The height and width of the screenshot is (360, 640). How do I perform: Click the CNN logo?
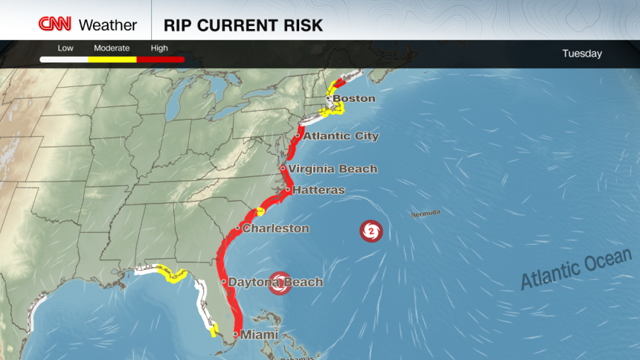pos(55,25)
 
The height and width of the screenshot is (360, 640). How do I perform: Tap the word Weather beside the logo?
pos(108,25)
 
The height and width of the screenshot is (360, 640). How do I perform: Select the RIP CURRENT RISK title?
pos(243,25)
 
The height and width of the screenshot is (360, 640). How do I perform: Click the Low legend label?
pos(65,48)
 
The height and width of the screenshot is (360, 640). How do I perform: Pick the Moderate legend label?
pos(112,48)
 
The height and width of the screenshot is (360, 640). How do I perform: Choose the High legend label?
pos(159,48)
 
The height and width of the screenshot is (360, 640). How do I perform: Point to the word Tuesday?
pos(582,54)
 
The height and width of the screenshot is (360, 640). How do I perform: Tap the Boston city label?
pos(353,98)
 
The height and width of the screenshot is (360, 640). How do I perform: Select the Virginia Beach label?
pos(333,169)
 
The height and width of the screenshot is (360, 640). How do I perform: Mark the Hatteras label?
pos(319,190)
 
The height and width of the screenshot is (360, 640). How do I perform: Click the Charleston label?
pos(275,228)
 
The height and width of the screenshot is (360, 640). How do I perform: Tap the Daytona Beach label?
pos(275,282)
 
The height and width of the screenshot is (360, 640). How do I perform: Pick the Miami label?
pos(259,335)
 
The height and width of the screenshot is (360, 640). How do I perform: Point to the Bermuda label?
pos(426,213)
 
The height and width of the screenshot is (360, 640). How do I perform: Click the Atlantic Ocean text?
pos(575,269)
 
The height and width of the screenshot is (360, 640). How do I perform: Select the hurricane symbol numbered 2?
pos(371,231)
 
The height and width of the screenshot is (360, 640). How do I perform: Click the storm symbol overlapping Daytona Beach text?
pos(280,283)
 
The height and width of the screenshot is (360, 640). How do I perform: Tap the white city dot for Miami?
pos(236,335)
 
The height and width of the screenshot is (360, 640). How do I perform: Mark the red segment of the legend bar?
pos(161,58)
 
